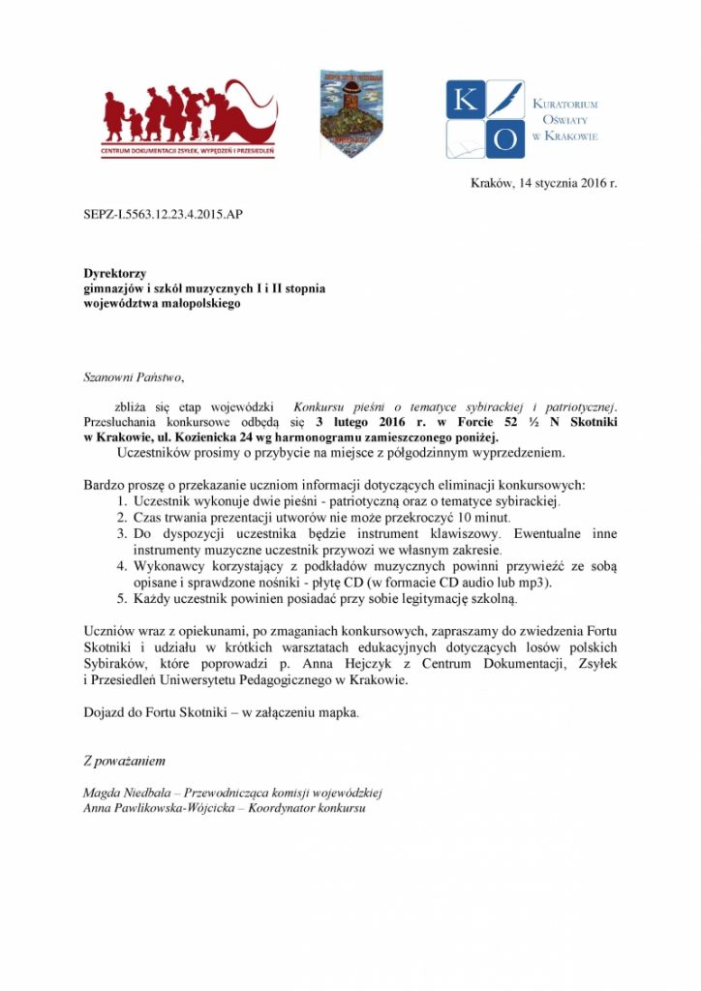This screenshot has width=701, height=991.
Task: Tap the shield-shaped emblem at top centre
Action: pyautogui.click(x=351, y=113)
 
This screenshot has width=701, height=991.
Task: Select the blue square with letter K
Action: pyautogui.click(x=465, y=101)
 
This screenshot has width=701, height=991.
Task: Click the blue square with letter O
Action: pyautogui.click(x=505, y=139)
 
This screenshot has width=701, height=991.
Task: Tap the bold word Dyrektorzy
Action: pyautogui.click(x=114, y=275)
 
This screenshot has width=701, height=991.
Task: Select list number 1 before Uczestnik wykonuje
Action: pyautogui.click(x=122, y=501)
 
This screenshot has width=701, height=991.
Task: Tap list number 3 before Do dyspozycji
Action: pyautogui.click(x=122, y=533)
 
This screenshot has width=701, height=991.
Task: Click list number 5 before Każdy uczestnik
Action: pyautogui.click(x=122, y=599)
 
